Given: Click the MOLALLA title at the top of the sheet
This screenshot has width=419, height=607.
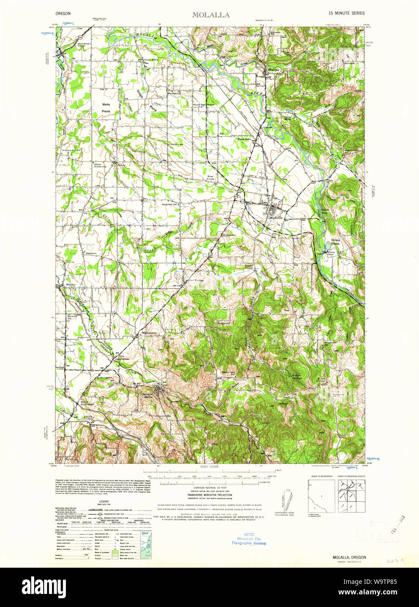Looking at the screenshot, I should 211,15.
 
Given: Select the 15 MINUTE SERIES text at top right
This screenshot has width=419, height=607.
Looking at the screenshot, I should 347,14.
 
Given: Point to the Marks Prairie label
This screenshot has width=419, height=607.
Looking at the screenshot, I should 106,108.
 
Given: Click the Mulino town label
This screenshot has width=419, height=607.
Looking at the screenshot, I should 273,70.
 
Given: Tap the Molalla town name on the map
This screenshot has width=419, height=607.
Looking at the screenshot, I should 275,217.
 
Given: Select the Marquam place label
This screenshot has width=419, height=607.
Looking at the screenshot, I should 148,333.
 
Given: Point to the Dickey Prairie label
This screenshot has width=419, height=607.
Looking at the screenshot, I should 335,241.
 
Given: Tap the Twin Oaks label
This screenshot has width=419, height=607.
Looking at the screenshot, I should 244,139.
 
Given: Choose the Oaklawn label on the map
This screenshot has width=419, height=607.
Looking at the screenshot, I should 91,253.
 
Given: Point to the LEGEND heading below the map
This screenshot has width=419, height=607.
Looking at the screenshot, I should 103,502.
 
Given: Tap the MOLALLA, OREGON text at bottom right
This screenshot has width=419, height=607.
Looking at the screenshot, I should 349,558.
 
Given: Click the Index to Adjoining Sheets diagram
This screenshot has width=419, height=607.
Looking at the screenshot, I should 351,496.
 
